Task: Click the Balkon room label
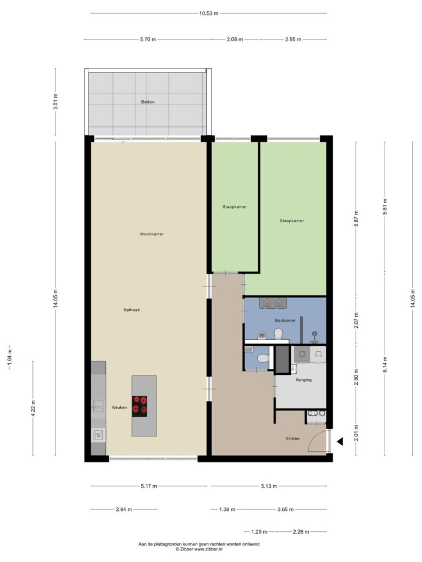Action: (x=148, y=102)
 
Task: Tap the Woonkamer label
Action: (x=152, y=234)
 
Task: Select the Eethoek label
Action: (x=132, y=310)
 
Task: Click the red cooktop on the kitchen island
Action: (x=140, y=406)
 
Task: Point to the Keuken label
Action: (x=119, y=407)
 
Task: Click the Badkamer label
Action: (x=285, y=321)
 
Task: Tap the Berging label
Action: (x=303, y=380)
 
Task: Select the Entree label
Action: (x=293, y=439)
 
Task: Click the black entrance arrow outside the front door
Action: (x=340, y=442)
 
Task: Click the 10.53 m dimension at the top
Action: (x=208, y=14)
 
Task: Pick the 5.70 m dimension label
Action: (x=148, y=40)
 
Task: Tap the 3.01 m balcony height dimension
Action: (x=55, y=102)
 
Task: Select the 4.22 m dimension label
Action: (x=33, y=408)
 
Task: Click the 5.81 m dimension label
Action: (x=385, y=207)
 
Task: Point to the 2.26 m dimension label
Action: (x=301, y=532)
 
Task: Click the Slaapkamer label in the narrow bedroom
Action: (x=235, y=207)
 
